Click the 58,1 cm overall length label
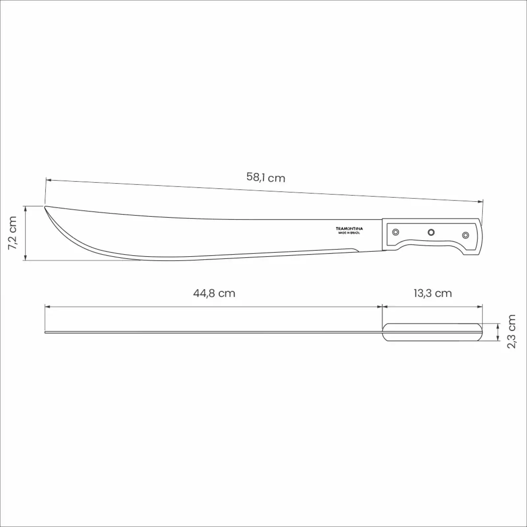tap(266, 178)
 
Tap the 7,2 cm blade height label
tap(13, 233)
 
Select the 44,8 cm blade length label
tap(214, 293)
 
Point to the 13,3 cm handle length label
tap(432, 293)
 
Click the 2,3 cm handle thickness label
tap(512, 331)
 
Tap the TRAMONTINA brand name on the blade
tap(349, 228)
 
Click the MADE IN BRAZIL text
tap(349, 233)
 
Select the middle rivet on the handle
tap(431, 233)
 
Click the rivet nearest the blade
tap(396, 232)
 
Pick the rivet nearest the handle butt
tap(465, 235)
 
